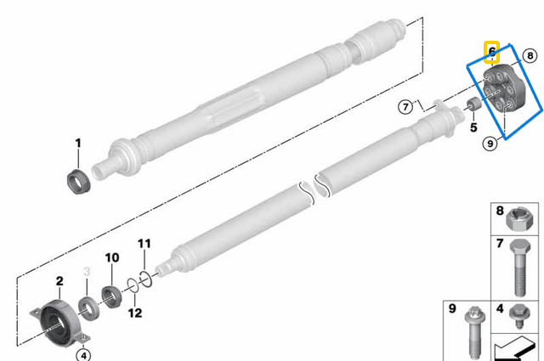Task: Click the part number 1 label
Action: point(77,144)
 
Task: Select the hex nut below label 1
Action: point(78,182)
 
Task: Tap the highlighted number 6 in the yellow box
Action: point(490,51)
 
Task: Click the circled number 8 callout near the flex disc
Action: point(530,56)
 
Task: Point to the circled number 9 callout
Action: point(490,144)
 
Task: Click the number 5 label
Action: point(474,127)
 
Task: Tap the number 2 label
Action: point(59,281)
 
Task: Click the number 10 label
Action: point(111,258)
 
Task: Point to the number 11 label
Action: point(144,245)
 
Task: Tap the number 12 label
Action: point(135,313)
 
